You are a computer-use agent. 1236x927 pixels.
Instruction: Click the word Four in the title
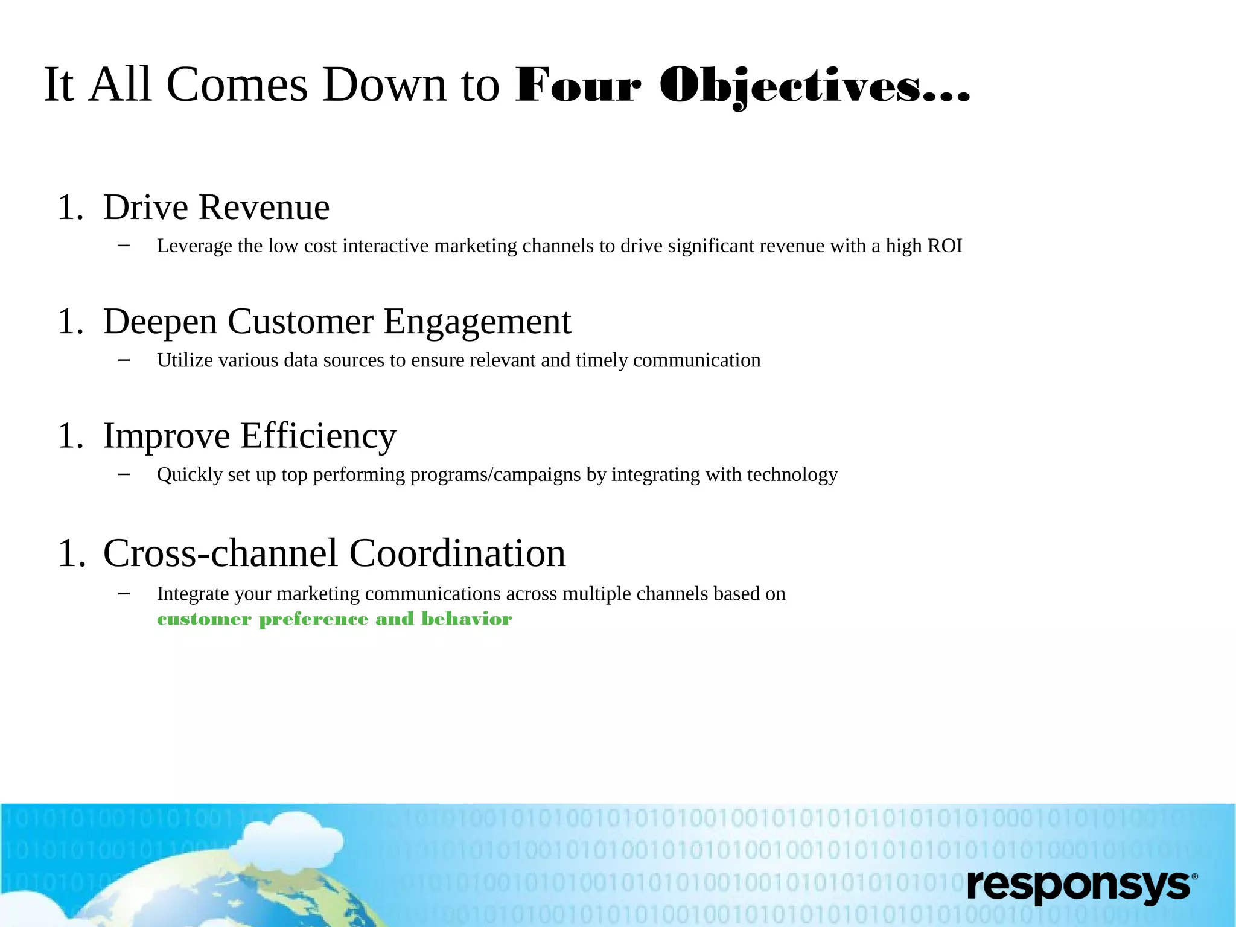pyautogui.click(x=578, y=86)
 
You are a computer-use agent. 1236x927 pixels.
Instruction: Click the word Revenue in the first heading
pyautogui.click(x=264, y=208)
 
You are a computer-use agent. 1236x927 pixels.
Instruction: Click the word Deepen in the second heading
pyautogui.click(x=160, y=322)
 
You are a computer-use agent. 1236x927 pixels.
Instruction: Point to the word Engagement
pyautogui.click(x=477, y=322)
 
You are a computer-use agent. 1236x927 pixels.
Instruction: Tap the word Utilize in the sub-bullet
pyautogui.click(x=185, y=360)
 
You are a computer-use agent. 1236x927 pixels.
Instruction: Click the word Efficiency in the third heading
pyautogui.click(x=318, y=436)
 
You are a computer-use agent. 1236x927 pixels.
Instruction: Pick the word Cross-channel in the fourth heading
pyautogui.click(x=221, y=553)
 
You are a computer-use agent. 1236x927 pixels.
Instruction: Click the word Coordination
pyautogui.click(x=457, y=553)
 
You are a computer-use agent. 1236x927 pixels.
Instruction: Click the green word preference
pyautogui.click(x=313, y=620)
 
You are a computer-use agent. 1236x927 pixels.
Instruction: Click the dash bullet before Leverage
pyautogui.click(x=124, y=246)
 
